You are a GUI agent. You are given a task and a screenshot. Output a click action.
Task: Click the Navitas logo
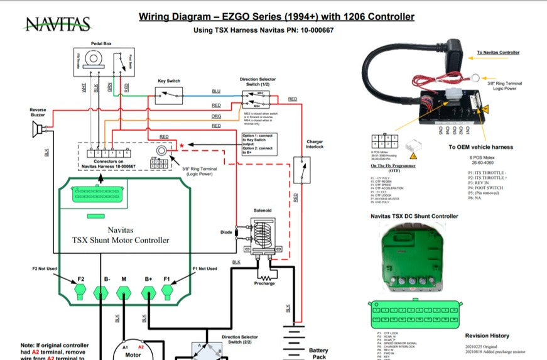(57, 24)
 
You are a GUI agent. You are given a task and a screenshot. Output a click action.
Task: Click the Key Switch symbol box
(168, 95)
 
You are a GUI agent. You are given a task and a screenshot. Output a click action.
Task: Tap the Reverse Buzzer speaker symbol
(39, 130)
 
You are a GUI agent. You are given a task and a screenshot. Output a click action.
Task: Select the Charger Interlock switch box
(301, 170)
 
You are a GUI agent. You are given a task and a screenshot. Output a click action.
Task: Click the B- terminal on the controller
(100, 291)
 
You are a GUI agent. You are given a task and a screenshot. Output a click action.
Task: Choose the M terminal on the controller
(124, 291)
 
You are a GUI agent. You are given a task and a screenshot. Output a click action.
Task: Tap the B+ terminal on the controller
(149, 291)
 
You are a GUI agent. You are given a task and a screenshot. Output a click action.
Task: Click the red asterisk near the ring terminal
(182, 146)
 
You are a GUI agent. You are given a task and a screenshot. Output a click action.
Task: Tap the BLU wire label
(216, 92)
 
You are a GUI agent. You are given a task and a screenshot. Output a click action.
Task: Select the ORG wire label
(216, 116)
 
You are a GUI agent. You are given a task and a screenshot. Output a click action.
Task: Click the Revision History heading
(487, 335)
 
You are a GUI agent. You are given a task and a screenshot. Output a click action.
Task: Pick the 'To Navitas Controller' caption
(498, 53)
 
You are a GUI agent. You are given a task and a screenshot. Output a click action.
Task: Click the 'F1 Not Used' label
(205, 269)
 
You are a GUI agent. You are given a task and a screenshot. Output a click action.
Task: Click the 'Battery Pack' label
(318, 353)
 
